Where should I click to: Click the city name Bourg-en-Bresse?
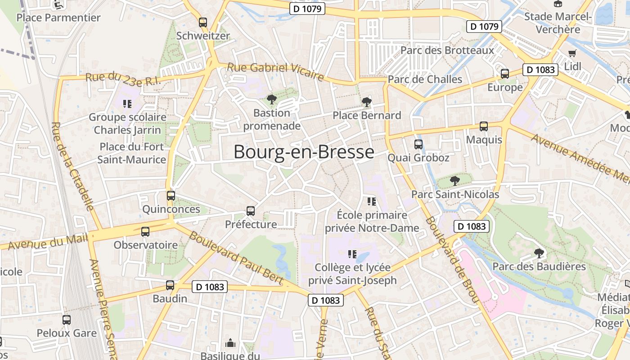coord(304,152)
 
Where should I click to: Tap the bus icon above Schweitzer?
coord(203,22)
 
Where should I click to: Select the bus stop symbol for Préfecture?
coord(251,211)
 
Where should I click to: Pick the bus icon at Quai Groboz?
coord(418,144)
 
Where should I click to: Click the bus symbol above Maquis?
coord(484,126)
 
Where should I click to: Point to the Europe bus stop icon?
coord(505,74)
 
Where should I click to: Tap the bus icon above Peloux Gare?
coord(67,320)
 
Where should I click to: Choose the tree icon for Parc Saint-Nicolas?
coord(455,181)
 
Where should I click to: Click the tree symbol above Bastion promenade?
coord(271,99)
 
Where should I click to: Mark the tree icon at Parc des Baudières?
coord(539,253)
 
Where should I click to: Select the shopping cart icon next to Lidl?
coord(572,53)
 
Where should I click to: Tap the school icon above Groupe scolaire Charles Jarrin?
coord(127,104)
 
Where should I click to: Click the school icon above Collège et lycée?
coord(352,254)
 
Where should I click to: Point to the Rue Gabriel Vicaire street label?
coord(275,71)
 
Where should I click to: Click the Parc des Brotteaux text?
coord(447,50)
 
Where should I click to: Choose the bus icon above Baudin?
coord(170,285)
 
